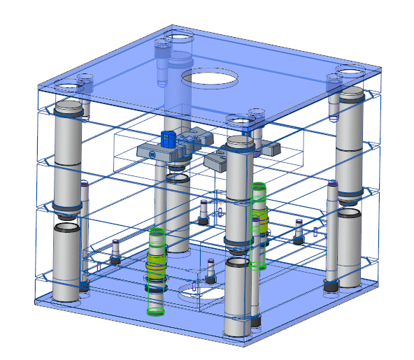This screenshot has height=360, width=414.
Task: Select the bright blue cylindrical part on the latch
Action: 168,138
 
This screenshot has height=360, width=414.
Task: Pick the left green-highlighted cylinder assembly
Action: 155,269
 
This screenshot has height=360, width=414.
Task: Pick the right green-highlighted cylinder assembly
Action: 259,225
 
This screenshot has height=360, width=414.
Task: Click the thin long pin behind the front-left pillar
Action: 85,231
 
